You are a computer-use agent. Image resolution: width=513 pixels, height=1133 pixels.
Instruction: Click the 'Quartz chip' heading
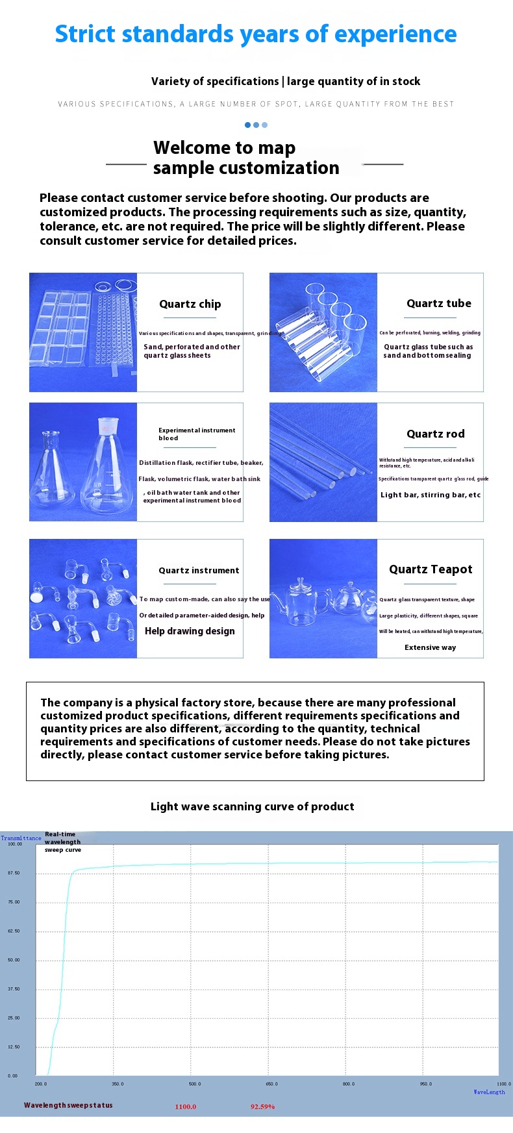coord(190,304)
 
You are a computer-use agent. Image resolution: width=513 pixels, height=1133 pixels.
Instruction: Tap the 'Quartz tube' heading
coord(439,303)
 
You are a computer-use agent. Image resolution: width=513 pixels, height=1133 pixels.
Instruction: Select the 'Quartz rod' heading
coord(435,434)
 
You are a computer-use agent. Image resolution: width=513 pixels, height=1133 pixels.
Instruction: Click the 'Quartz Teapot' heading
coord(431,569)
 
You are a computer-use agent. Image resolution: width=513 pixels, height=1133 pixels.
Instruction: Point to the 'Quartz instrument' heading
coord(199,570)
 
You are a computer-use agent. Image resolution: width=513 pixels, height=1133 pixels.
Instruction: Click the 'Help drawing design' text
coord(190,631)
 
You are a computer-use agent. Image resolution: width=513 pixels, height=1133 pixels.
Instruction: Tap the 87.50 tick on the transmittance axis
coord(14,873)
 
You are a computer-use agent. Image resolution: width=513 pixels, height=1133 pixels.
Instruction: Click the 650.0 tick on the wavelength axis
coord(271,1084)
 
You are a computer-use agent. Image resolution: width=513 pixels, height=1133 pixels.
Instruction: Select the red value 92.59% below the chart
coord(262,1106)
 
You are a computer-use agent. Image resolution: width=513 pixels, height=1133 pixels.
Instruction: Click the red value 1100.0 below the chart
coord(185,1106)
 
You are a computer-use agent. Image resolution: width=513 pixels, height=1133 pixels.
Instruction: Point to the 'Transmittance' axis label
coord(21,838)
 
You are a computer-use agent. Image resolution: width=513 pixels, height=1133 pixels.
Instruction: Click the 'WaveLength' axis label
coord(489,1092)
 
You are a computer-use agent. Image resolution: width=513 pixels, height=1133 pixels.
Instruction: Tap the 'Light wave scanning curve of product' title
coord(252,806)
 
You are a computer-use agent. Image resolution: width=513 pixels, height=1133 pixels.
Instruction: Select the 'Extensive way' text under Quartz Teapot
coord(430,647)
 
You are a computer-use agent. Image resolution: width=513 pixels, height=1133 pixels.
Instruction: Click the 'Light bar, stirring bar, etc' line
coord(431,495)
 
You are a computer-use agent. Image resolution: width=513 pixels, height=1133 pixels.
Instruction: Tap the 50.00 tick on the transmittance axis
coord(14,960)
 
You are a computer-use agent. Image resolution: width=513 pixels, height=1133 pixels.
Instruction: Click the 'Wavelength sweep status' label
coord(68,1105)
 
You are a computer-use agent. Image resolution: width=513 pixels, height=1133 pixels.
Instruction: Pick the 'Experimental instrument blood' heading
coord(197,434)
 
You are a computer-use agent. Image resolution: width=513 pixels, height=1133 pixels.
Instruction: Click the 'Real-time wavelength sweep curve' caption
coord(62,841)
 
